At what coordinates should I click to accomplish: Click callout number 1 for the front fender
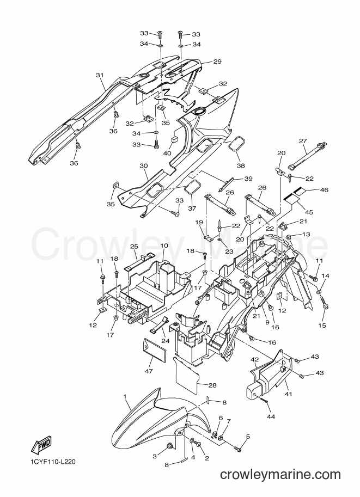(x=125, y=396)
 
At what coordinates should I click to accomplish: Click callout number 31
(x=100, y=75)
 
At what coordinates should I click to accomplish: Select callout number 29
(x=217, y=62)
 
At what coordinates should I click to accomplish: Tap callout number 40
(x=167, y=154)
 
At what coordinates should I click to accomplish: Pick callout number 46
(x=324, y=190)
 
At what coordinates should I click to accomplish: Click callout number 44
(x=271, y=416)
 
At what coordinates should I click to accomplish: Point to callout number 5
(x=248, y=437)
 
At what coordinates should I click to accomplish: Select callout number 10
(x=164, y=255)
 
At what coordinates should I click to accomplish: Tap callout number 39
(x=248, y=179)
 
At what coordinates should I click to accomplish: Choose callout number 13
(x=306, y=234)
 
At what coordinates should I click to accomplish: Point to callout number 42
(x=255, y=360)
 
